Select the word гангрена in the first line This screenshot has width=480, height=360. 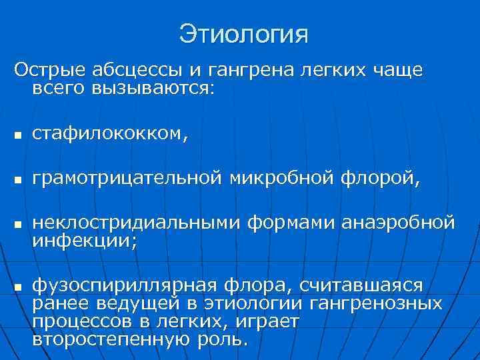(236, 70)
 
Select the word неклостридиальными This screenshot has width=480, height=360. (137, 221)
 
